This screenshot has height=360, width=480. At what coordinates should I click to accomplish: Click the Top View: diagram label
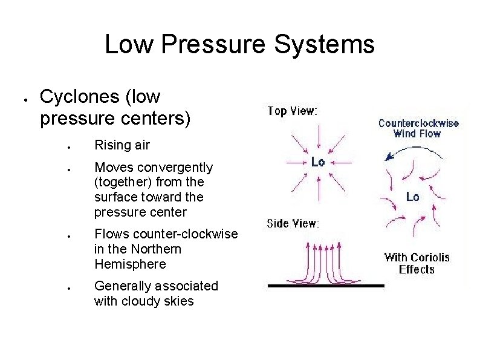click(x=292, y=111)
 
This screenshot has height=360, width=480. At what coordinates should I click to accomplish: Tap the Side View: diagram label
click(x=293, y=223)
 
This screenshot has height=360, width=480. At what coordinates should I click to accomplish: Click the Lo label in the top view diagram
click(x=317, y=162)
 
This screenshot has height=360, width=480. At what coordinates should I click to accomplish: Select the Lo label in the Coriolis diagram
click(x=412, y=197)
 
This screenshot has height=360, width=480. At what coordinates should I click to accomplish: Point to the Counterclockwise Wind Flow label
click(x=418, y=128)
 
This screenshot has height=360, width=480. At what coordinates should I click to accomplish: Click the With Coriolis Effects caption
click(x=417, y=263)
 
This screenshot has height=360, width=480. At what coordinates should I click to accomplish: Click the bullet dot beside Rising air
click(x=70, y=146)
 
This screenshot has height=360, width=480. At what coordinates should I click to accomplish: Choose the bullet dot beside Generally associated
click(x=70, y=287)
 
